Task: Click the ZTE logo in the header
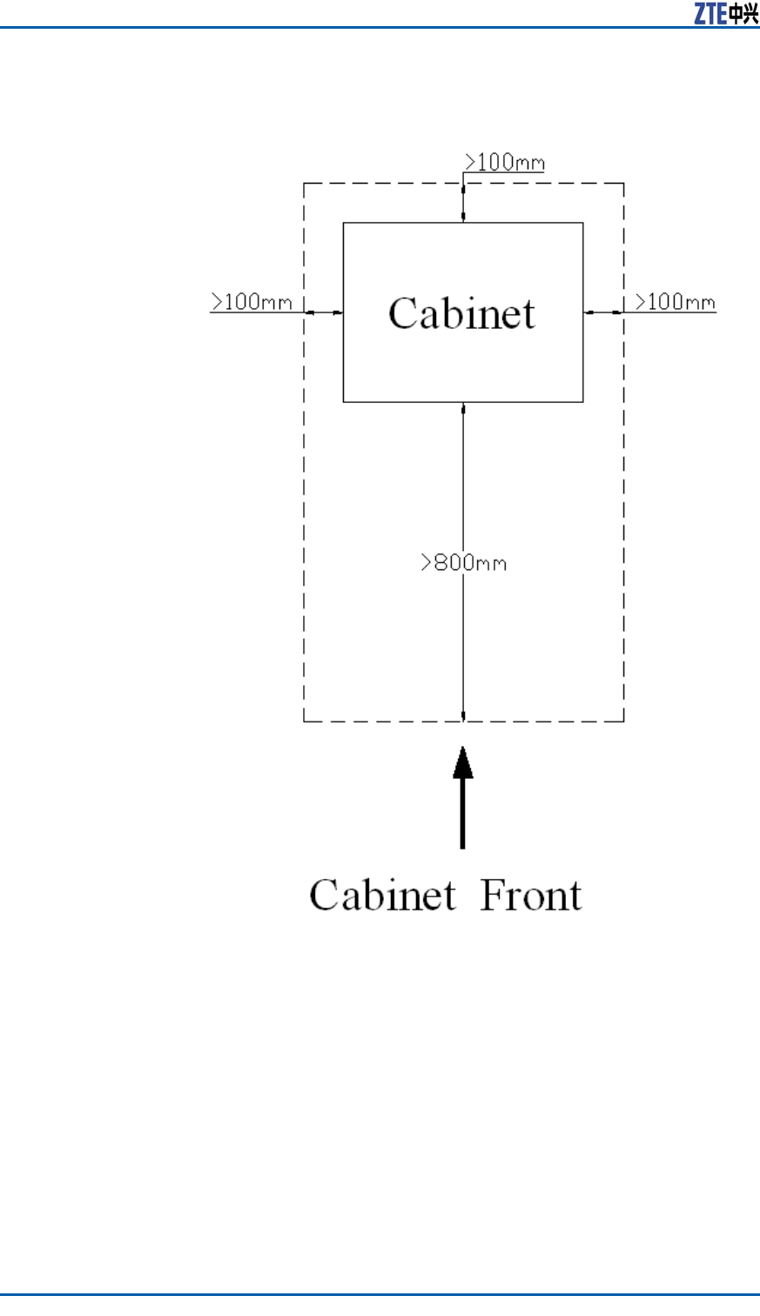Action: click(x=725, y=13)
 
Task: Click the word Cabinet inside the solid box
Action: click(x=461, y=313)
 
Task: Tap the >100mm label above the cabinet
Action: click(x=505, y=162)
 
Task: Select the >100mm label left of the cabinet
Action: click(x=252, y=301)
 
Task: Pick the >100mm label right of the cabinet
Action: click(x=675, y=302)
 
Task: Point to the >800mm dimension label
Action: click(x=463, y=562)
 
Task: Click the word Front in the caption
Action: click(x=531, y=895)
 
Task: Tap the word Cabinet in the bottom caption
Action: click(x=382, y=895)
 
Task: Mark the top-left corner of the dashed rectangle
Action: click(x=304, y=184)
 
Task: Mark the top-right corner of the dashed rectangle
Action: click(x=623, y=184)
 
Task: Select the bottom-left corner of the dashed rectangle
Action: click(x=304, y=721)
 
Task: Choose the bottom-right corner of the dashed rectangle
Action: click(x=623, y=721)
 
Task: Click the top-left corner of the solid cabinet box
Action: click(x=344, y=224)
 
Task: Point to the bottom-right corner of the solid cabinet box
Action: click(x=582, y=401)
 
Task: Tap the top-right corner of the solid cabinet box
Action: click(x=582, y=224)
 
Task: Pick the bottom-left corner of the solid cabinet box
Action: click(x=344, y=401)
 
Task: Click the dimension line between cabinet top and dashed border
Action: click(x=463, y=204)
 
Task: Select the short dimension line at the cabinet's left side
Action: click(x=324, y=312)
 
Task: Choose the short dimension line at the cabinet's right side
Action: click(x=603, y=312)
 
